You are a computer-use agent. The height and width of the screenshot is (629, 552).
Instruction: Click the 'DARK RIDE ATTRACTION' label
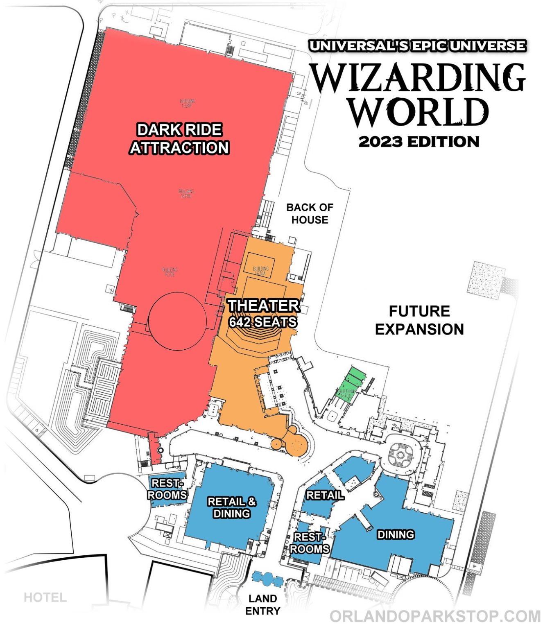click(x=179, y=139)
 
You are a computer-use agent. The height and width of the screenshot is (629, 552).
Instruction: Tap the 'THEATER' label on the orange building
click(x=264, y=306)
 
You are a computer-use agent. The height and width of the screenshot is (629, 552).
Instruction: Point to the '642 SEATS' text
click(x=263, y=322)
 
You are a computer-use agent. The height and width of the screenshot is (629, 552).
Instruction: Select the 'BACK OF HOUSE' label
click(x=310, y=214)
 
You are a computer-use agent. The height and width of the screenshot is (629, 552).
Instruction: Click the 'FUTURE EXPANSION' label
click(x=419, y=320)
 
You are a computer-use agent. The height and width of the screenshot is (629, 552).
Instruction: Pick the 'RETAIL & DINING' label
click(x=232, y=507)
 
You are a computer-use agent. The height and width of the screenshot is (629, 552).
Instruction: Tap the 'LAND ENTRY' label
click(x=263, y=604)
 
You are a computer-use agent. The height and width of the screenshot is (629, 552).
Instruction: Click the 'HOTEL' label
click(x=45, y=597)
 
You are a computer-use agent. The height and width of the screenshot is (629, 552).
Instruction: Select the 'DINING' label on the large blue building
click(x=396, y=534)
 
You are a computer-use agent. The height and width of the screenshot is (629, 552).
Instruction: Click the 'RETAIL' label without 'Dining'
click(x=325, y=495)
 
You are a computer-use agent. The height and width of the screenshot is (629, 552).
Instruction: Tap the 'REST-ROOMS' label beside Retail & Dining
click(x=167, y=489)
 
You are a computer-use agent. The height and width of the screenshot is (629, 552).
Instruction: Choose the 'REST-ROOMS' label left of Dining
click(x=310, y=543)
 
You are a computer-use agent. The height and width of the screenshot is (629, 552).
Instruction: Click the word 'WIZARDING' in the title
click(x=418, y=78)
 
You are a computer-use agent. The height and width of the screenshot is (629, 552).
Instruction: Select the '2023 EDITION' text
click(x=419, y=142)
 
